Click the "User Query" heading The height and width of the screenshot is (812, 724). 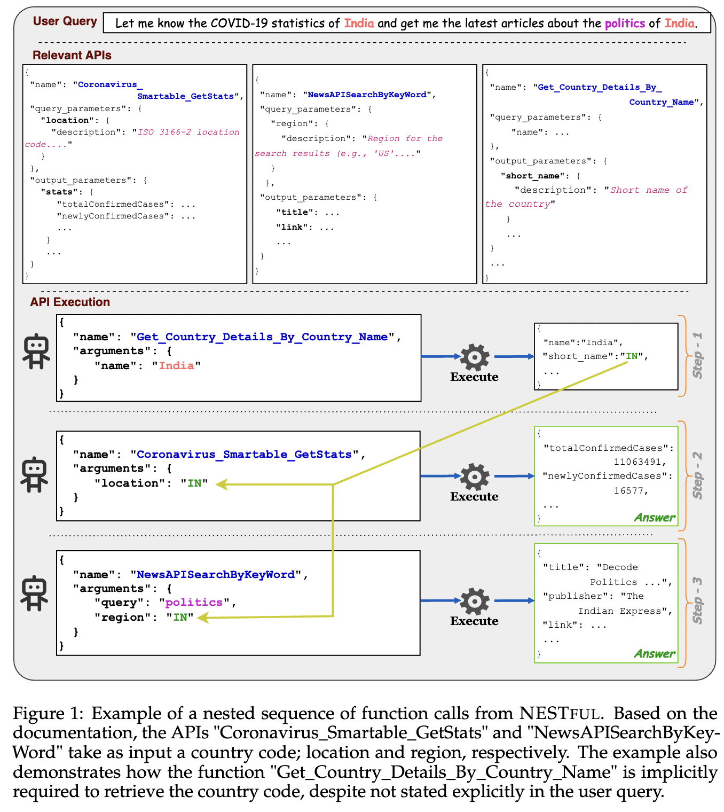coord(65,21)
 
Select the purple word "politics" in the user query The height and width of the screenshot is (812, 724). coord(624,23)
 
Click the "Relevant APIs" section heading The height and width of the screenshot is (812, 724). coord(72,55)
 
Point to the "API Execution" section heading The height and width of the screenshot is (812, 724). coord(70,302)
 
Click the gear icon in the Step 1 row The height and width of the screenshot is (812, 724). coord(474,357)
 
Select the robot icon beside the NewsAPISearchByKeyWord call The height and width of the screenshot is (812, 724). coord(35,593)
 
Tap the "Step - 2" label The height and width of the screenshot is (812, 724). coord(697,475)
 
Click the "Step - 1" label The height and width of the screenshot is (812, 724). coord(697,355)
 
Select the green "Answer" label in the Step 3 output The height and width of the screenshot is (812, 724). coord(654,653)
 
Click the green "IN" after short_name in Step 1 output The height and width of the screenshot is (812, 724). coord(632,356)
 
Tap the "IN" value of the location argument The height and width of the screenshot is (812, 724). coord(194,483)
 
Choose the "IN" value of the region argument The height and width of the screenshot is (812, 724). coord(180,618)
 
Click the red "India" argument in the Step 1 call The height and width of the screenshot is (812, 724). coord(176,366)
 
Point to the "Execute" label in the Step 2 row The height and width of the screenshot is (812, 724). coord(474,497)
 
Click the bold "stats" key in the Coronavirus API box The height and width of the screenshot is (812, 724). coord(59,192)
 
